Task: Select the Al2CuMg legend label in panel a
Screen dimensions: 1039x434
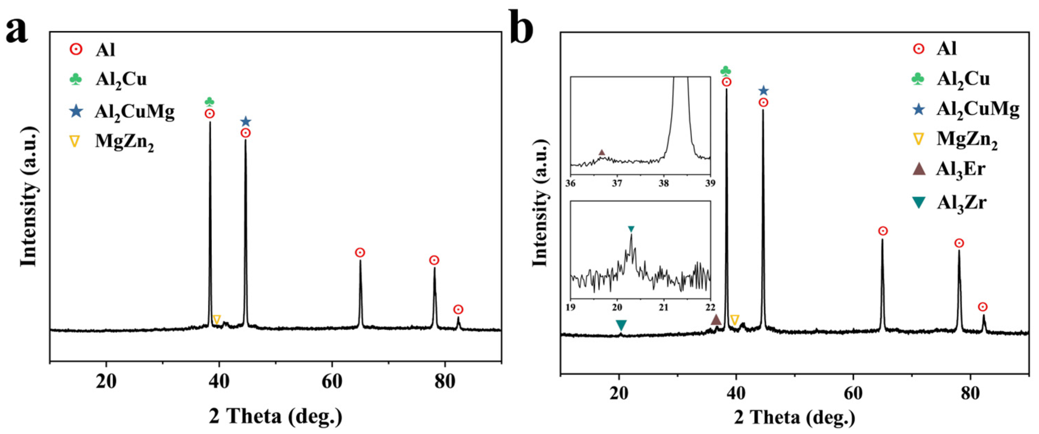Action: point(135,112)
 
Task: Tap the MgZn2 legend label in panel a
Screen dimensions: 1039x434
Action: point(124,142)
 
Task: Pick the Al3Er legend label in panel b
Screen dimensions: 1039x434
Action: point(961,169)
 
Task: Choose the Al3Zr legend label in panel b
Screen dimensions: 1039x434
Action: point(961,202)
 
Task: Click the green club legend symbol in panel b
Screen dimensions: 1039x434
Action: point(918,79)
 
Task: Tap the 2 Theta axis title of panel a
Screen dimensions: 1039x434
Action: point(275,416)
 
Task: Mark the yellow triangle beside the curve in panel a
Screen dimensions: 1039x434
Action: point(216,319)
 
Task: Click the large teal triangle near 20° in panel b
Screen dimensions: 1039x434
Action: point(621,324)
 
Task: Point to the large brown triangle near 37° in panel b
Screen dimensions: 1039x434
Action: point(716,319)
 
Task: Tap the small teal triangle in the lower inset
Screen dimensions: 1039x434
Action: point(631,229)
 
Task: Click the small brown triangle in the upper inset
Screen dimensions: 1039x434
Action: point(602,152)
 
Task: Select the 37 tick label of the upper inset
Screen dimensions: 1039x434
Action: point(617,183)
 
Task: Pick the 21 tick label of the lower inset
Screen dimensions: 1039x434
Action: point(664,307)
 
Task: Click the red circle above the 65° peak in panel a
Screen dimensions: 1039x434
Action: point(360,253)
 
